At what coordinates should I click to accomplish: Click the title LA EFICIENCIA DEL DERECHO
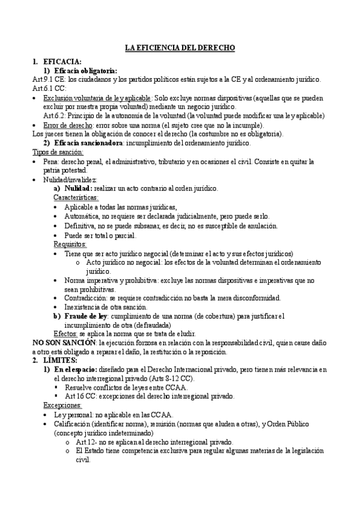coord(180,46)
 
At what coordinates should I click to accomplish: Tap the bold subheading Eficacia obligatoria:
coord(85,70)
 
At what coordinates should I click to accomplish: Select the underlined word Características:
coord(76,197)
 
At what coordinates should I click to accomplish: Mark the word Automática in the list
coord(83,216)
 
